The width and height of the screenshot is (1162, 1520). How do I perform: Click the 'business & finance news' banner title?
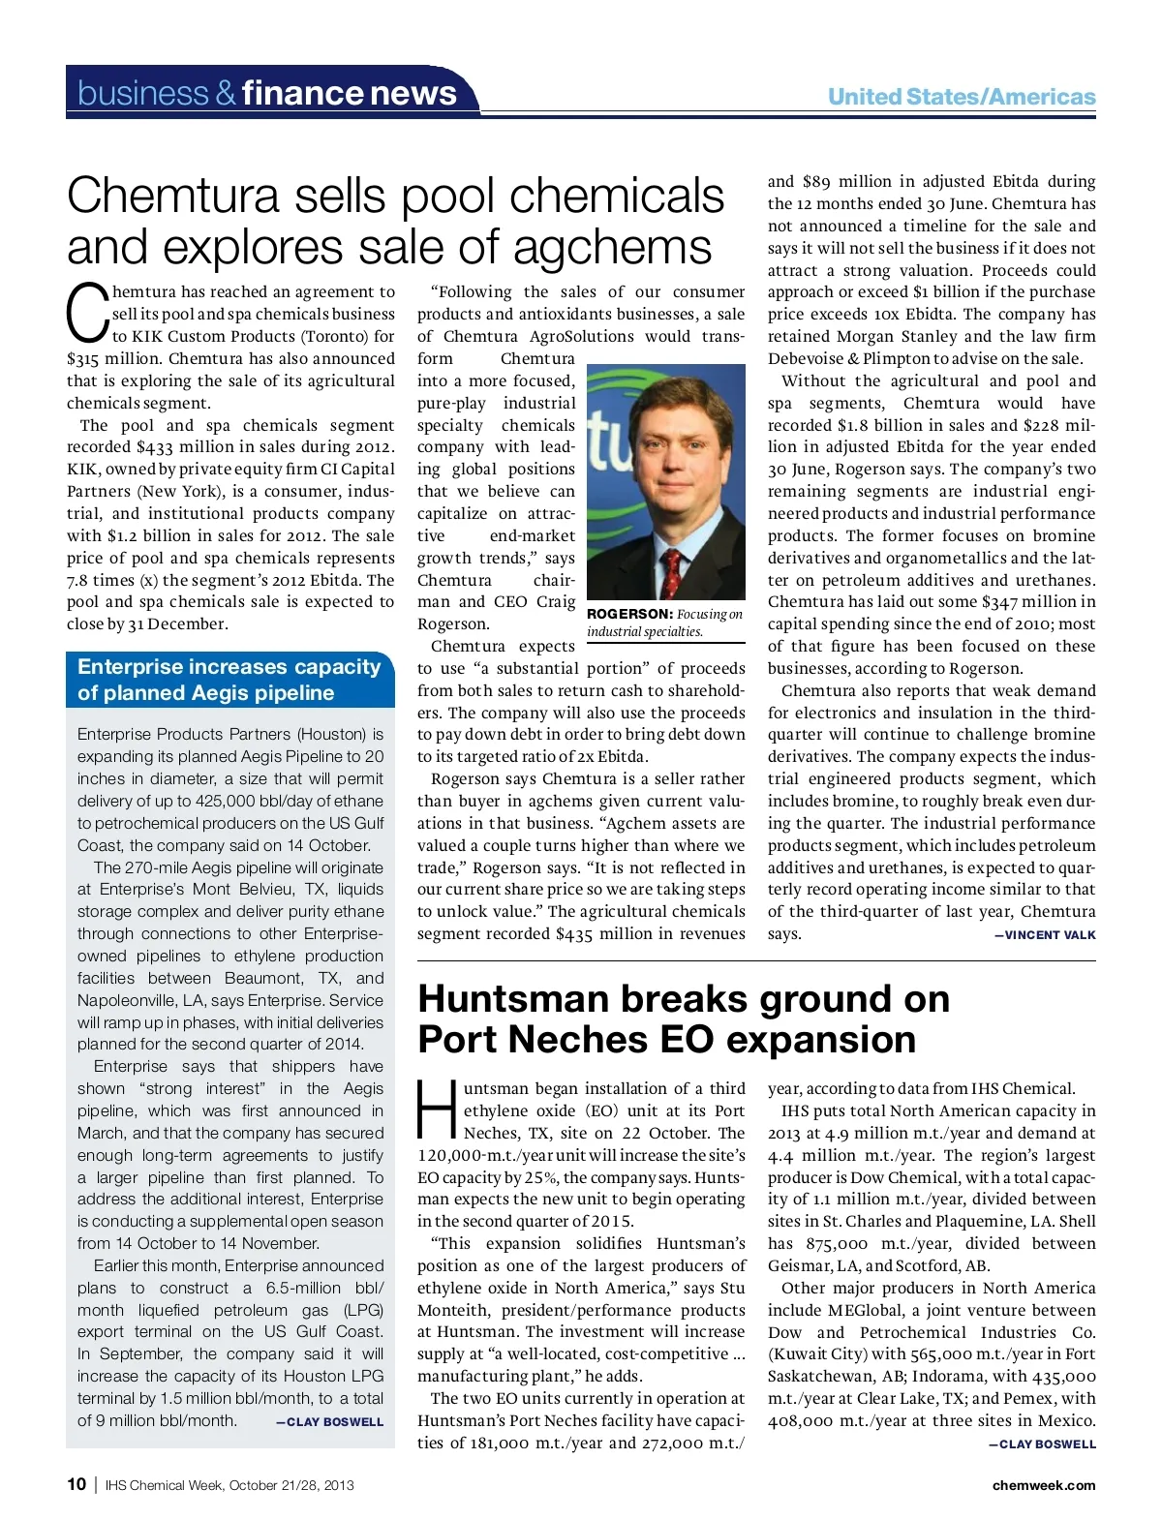point(267,93)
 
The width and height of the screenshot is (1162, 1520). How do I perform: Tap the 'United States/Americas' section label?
point(961,97)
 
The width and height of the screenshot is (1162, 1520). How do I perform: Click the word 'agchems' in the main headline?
point(613,247)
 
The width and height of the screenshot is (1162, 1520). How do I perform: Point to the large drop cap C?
point(86,312)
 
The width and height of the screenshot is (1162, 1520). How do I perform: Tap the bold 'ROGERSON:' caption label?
point(629,614)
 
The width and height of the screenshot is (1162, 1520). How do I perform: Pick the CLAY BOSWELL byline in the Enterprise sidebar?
point(334,1422)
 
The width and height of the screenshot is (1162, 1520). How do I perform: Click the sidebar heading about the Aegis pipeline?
point(229,680)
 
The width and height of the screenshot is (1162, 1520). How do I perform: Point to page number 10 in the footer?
point(76,1484)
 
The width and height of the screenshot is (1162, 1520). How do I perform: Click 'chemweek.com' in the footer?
point(1044,1485)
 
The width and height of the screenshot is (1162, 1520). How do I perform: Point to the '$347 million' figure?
point(1028,602)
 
